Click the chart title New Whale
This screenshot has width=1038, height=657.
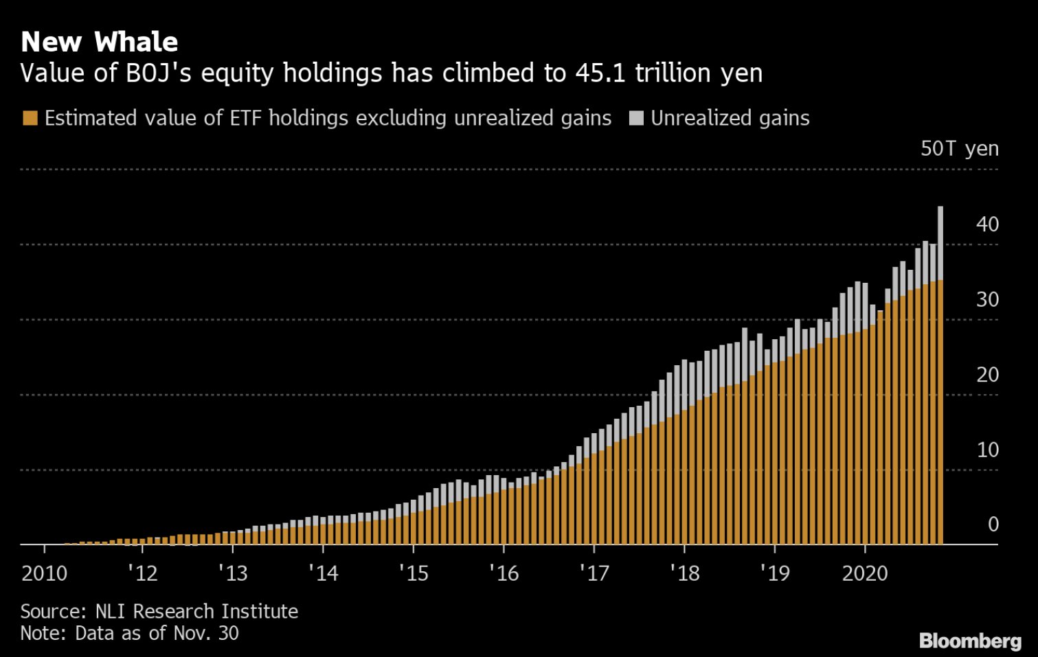[x=100, y=42]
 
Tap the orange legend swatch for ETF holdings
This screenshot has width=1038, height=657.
[x=30, y=118]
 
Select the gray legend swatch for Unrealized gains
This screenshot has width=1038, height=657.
[x=636, y=118]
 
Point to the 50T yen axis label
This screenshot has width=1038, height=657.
[x=959, y=148]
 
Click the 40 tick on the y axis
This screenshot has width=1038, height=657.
[x=987, y=224]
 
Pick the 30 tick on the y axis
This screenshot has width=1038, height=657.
[x=987, y=300]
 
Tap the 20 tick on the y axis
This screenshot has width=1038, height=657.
[x=987, y=375]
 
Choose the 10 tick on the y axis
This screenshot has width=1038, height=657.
[x=987, y=450]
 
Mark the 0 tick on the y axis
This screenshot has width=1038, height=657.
[x=993, y=525]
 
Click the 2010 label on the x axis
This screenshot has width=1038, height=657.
[x=45, y=573]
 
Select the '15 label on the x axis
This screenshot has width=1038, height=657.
[x=414, y=573]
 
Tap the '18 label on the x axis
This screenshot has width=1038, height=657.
[x=684, y=573]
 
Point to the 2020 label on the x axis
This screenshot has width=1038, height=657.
[x=865, y=573]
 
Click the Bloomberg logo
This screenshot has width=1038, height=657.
[x=970, y=641]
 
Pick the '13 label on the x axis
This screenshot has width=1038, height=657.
[x=233, y=573]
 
